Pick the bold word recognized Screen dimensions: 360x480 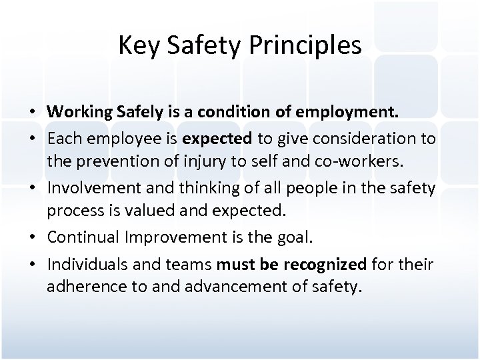pyautogui.click(x=325, y=265)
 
